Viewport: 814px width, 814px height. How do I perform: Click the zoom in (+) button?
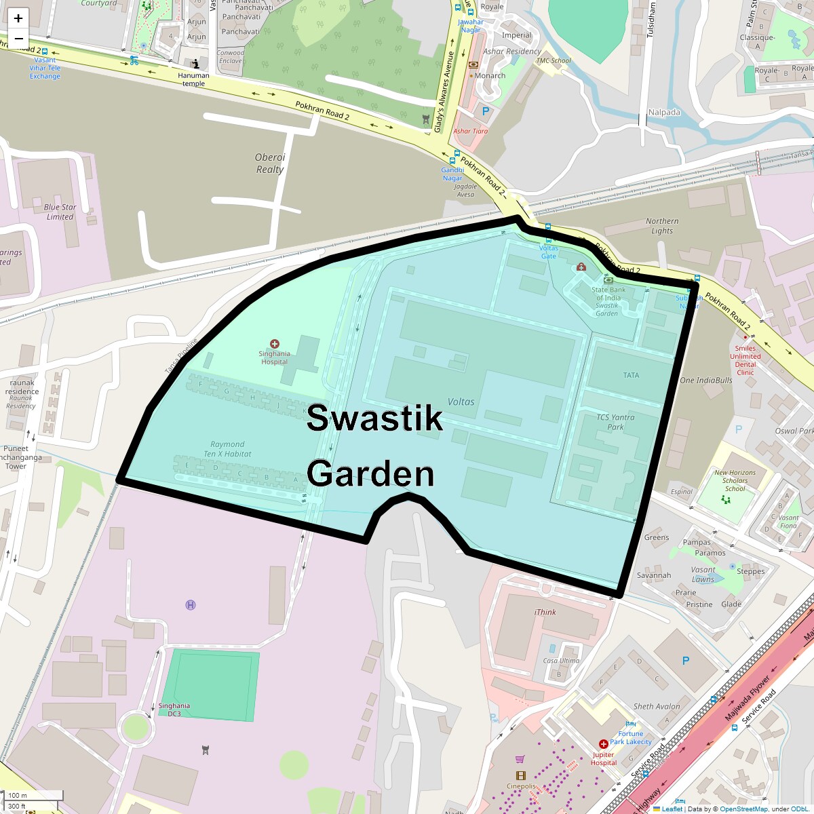click(x=18, y=18)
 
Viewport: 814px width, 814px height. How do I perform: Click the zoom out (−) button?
click(x=18, y=39)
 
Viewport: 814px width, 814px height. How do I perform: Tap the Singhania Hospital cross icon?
click(x=275, y=344)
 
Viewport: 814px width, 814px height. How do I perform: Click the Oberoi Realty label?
click(x=270, y=163)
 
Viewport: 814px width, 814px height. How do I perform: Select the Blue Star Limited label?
click(x=60, y=212)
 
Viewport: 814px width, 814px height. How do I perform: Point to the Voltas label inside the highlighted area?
click(x=461, y=402)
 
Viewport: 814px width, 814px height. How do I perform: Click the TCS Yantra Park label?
click(x=615, y=422)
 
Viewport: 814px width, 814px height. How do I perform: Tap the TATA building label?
click(x=631, y=375)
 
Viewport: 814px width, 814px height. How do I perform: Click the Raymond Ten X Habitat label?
click(x=227, y=449)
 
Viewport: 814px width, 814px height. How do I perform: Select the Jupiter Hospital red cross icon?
click(x=603, y=744)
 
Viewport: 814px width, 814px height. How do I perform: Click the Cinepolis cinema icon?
click(x=520, y=775)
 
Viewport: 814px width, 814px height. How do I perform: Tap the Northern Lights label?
click(x=662, y=226)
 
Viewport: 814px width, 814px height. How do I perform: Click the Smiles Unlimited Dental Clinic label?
click(x=745, y=360)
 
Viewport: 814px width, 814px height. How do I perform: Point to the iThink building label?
click(x=545, y=612)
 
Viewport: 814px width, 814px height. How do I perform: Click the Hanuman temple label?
click(x=193, y=79)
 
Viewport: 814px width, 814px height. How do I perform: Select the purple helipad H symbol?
click(x=191, y=604)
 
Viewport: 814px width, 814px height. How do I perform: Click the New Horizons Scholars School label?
click(x=735, y=480)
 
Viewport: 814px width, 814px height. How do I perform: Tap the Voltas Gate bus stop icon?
click(x=548, y=239)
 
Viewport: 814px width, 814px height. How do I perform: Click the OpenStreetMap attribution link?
click(x=744, y=809)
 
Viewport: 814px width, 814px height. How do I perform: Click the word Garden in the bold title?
click(x=370, y=473)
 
